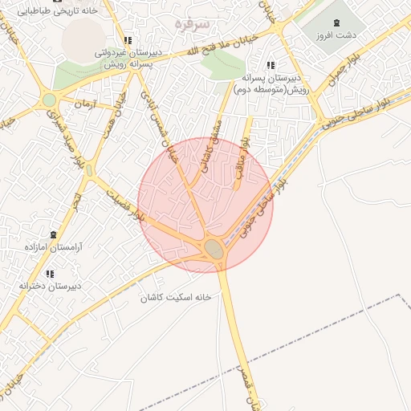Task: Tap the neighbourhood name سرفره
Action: pyautogui.click(x=192, y=25)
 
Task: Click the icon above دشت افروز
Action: pyautogui.click(x=336, y=22)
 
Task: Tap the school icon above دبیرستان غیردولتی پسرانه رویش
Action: pyautogui.click(x=127, y=40)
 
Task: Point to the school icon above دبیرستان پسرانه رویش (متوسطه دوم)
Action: pyautogui.click(x=271, y=65)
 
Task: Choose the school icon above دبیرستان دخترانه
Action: pyautogui.click(x=51, y=274)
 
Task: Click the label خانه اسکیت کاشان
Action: pyautogui.click(x=176, y=297)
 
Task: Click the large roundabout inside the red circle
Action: pyautogui.click(x=214, y=248)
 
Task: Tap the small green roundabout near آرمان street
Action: pyautogui.click(x=50, y=100)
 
